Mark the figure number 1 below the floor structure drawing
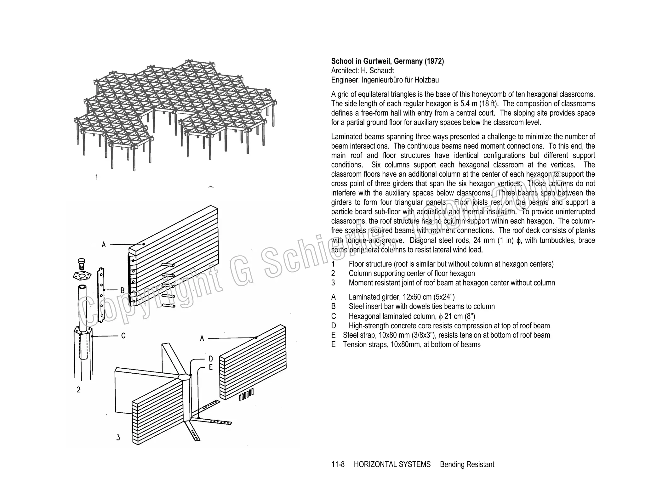pos(96,177)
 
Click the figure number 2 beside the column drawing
pos(78,390)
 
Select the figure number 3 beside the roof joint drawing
pos(118,437)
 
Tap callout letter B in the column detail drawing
pos(123,290)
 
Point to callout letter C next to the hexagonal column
pos(123,336)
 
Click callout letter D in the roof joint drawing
pos(211,359)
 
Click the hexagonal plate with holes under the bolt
pos(82,276)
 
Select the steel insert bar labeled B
pos(101,294)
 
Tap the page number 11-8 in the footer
pos(338,464)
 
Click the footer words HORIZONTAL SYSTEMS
pos(392,464)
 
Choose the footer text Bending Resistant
pos(467,464)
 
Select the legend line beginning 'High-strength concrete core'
pos(449,325)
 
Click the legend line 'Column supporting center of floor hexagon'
pos(412,273)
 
